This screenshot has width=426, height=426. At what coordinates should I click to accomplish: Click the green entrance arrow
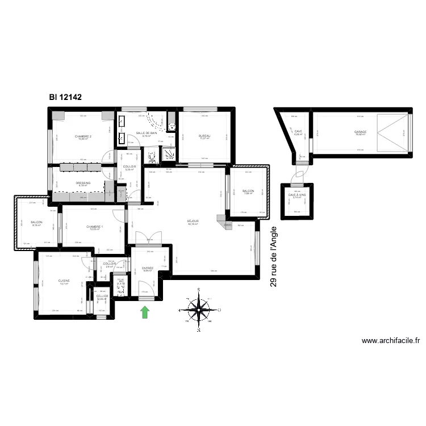click(x=145, y=311)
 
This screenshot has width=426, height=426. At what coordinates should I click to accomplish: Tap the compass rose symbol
click(x=199, y=310)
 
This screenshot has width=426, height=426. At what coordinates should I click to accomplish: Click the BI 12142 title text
click(x=65, y=97)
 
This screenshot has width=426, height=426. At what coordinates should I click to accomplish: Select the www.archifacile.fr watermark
click(x=391, y=341)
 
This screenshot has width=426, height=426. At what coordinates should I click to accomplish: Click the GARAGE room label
click(x=360, y=132)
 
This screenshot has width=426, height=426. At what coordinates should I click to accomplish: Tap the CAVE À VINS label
click(x=296, y=195)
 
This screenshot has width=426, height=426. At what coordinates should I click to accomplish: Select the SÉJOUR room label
click(x=193, y=221)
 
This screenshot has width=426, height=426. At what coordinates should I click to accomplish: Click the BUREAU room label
click(x=204, y=136)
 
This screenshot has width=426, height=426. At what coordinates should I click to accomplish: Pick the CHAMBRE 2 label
click(x=83, y=136)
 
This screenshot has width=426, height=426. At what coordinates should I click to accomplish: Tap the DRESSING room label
click(x=83, y=182)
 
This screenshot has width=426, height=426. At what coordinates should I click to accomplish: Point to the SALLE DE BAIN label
click(x=146, y=133)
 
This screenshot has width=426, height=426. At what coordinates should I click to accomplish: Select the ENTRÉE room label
click(x=148, y=268)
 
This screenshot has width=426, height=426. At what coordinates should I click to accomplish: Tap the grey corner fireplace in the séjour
click(x=226, y=222)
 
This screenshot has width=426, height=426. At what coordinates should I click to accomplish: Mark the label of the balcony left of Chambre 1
click(x=36, y=223)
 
